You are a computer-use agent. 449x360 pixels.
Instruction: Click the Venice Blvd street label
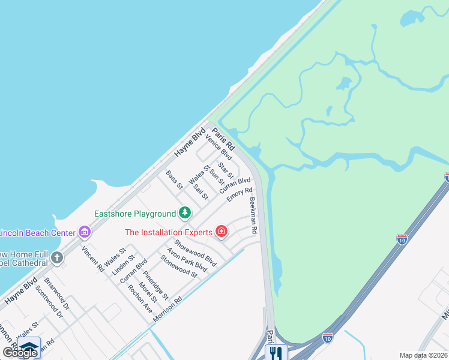pyautogui.click(x=218, y=148)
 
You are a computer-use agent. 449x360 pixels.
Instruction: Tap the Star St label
pyautogui.click(x=226, y=170)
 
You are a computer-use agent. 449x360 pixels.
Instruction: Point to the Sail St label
pyautogui.click(x=201, y=191)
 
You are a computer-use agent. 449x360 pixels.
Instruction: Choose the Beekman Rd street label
pyautogui.click(x=253, y=215)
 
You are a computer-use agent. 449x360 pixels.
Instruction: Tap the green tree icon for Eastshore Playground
pyautogui.click(x=185, y=213)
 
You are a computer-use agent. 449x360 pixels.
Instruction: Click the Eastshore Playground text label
pyautogui.click(x=135, y=214)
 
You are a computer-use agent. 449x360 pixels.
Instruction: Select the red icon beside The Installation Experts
pyautogui.click(x=221, y=232)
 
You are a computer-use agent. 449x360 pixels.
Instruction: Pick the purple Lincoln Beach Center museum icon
pyautogui.click(x=85, y=232)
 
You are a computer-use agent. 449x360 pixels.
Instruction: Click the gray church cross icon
pyautogui.click(x=57, y=258)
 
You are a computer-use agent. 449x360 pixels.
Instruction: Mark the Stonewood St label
pyautogui.click(x=178, y=266)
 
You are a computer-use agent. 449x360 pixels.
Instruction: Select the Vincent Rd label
pyautogui.click(x=92, y=259)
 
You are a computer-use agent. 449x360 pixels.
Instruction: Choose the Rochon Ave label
pyautogui.click(x=140, y=298)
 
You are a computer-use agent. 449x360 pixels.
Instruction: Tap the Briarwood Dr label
pyautogui.click(x=56, y=298)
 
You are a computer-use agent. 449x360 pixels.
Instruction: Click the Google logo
pyautogui.click(x=20, y=353)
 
